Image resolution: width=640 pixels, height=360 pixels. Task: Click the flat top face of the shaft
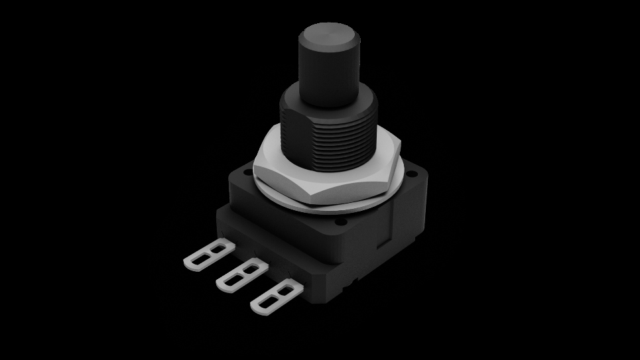point(328,34)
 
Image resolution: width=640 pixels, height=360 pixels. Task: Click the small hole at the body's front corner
point(342,225)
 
